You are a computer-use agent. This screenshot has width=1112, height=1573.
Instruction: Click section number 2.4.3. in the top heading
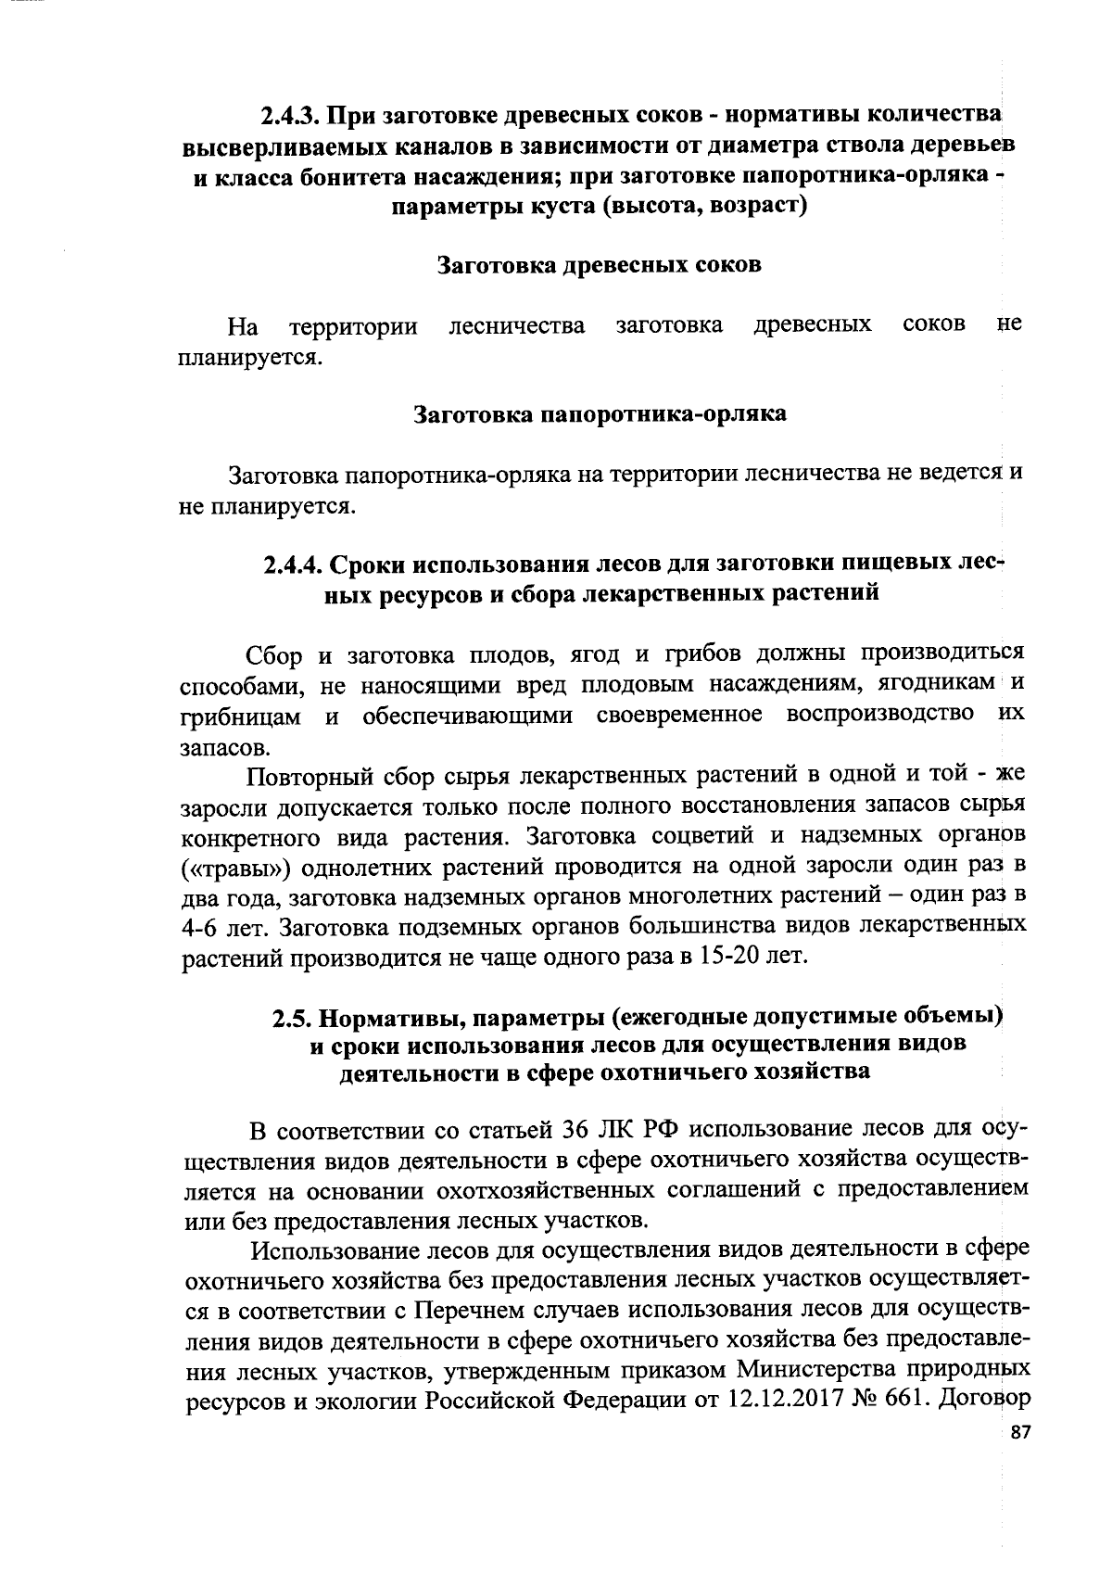pos(290,117)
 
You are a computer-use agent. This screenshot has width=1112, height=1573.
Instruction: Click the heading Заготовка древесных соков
pos(599,265)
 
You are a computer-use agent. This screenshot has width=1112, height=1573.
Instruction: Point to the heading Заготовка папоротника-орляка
pos(599,413)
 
